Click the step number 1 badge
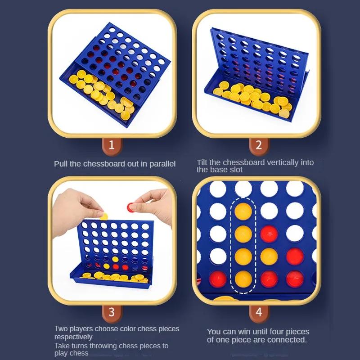click(x=112, y=145)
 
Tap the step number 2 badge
click(x=258, y=145)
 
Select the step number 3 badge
click(x=112, y=311)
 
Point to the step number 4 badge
click(x=258, y=311)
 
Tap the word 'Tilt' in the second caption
click(x=203, y=162)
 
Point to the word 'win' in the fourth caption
click(x=241, y=332)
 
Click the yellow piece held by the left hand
click(x=104, y=216)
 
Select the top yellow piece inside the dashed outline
click(x=243, y=210)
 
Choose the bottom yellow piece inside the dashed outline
click(x=243, y=279)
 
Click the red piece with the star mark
click(x=269, y=233)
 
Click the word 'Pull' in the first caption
click(x=61, y=164)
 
